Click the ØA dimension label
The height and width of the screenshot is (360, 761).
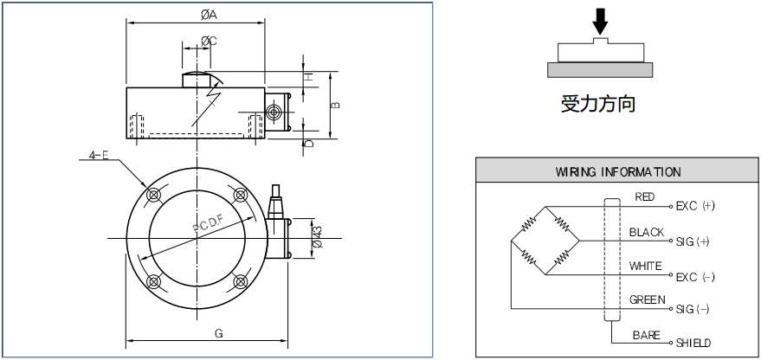(209, 15)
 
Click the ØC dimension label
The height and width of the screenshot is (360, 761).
(209, 41)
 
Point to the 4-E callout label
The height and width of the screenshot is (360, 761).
(99, 157)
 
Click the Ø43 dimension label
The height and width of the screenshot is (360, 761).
(317, 235)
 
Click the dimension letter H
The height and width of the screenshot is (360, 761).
(308, 77)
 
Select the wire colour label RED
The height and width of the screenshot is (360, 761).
(645, 197)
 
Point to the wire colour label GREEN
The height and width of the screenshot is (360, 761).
(648, 299)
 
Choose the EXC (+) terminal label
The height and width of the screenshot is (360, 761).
(696, 206)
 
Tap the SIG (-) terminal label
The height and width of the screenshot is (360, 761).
(693, 309)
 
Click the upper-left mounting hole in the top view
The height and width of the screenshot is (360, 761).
(154, 193)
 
